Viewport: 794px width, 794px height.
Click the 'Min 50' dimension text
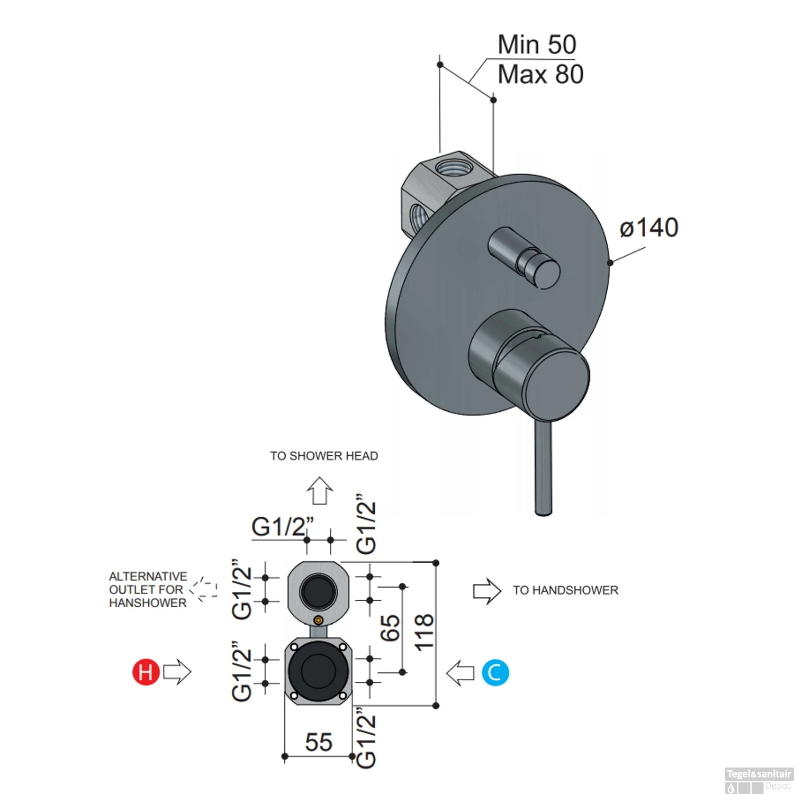536,45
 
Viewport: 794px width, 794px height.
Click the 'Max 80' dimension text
540,75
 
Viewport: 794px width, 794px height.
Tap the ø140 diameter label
649,228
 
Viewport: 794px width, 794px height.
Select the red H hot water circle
146,672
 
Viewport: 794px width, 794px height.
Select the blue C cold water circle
495,673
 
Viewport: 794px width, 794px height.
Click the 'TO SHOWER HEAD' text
324,456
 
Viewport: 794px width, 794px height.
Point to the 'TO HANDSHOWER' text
565,590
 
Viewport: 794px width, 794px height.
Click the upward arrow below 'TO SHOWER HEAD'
320,491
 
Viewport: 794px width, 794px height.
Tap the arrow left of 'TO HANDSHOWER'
486,591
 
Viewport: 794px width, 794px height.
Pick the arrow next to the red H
177,672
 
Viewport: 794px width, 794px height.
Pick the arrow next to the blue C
461,673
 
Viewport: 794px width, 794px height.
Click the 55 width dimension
319,742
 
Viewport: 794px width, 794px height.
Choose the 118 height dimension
424,633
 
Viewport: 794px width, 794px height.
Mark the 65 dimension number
391,628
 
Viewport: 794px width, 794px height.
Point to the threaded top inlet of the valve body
452,166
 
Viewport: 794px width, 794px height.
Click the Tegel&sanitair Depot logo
758,780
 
